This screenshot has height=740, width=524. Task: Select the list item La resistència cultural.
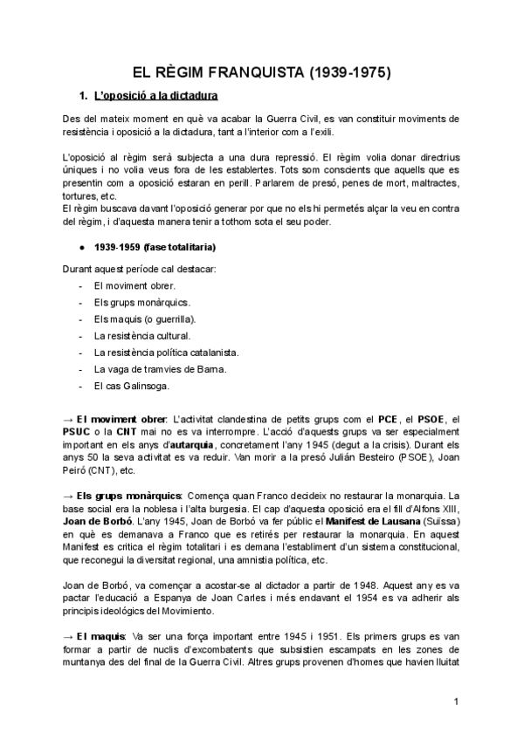(x=141, y=335)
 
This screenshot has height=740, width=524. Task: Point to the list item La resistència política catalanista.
(x=166, y=352)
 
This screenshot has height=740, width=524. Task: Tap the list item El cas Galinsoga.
(x=131, y=385)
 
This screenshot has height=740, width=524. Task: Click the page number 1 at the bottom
(x=456, y=702)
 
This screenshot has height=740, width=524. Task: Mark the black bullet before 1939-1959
(x=81, y=248)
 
